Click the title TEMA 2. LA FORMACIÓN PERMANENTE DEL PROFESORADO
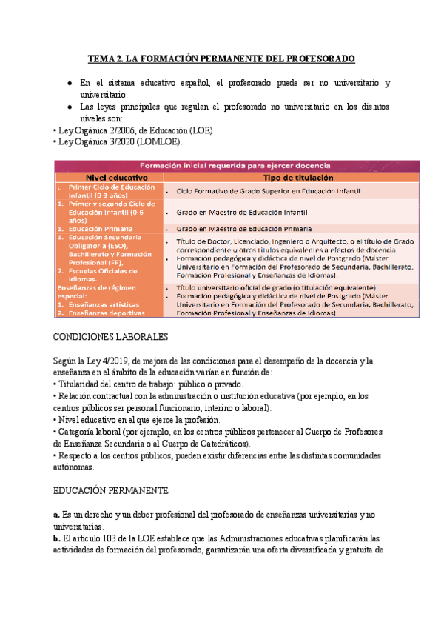[x=222, y=58]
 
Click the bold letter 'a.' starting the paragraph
[x=56, y=513]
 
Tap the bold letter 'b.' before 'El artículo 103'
[x=57, y=538]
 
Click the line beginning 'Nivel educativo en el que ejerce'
[x=141, y=420]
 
